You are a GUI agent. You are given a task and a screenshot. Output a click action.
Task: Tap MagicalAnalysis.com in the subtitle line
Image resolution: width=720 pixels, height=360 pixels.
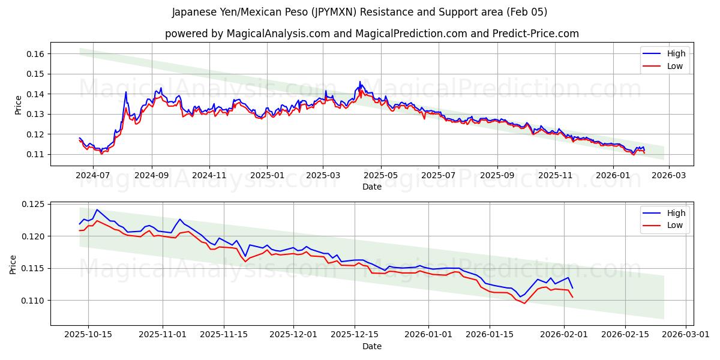click(x=278, y=34)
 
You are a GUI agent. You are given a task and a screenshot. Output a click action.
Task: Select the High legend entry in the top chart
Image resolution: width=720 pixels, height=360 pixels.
click(x=676, y=53)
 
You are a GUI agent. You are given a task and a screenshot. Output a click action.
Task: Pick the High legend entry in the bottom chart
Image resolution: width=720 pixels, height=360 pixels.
click(x=676, y=213)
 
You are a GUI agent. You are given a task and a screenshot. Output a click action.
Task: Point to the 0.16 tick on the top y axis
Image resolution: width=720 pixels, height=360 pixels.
click(x=35, y=54)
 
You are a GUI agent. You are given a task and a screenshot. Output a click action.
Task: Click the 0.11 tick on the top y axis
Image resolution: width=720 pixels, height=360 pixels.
click(x=35, y=154)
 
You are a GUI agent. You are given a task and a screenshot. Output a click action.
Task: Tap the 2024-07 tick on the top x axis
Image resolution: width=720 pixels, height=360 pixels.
click(x=93, y=176)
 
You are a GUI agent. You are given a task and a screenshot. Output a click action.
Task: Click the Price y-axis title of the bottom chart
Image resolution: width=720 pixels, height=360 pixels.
click(x=13, y=264)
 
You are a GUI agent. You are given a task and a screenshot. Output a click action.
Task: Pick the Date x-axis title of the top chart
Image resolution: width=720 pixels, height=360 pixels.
click(x=372, y=187)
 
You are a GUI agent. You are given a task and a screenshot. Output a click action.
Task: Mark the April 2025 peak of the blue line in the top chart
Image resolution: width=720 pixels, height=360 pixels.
click(x=360, y=82)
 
